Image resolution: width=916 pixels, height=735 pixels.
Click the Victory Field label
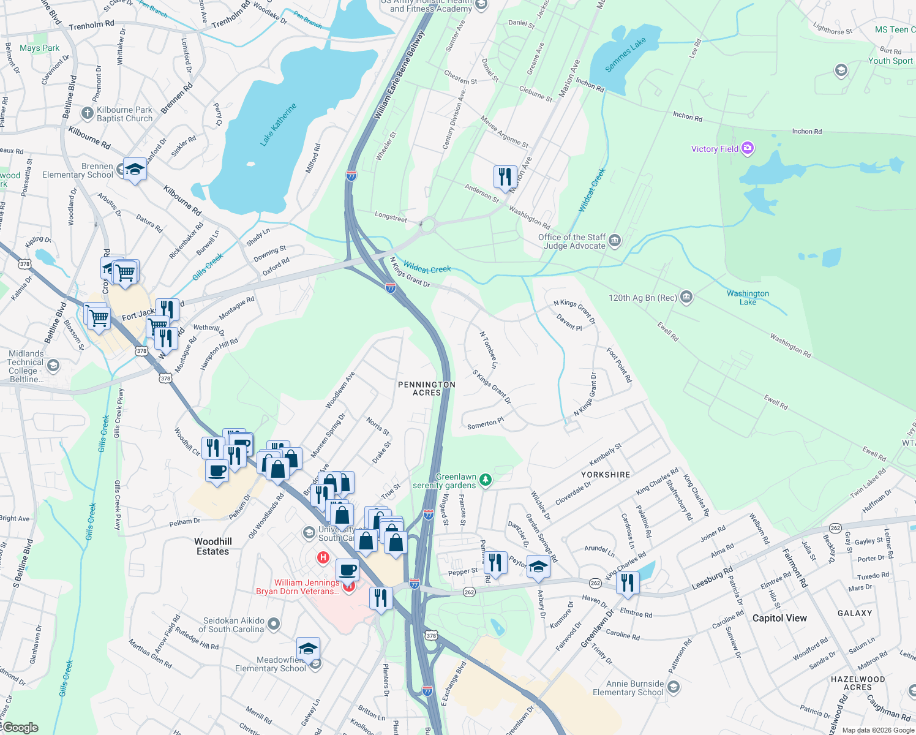[715, 149]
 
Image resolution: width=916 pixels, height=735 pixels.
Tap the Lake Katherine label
[278, 124]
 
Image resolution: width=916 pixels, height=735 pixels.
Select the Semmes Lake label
[625, 55]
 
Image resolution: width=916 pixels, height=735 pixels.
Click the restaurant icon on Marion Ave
[505, 177]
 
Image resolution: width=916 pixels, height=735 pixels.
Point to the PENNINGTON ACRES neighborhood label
[426, 388]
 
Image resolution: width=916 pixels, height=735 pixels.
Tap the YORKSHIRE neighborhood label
[605, 475]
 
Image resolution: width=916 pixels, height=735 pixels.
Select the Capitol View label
[779, 618]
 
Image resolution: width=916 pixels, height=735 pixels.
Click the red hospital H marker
[323, 557]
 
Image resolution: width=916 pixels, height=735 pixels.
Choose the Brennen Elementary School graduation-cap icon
[135, 169]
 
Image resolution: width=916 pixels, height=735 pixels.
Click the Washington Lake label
[748, 298]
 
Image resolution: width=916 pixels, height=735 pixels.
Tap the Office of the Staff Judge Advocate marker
[615, 241]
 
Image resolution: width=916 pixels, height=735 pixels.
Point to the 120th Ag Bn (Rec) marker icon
[686, 298]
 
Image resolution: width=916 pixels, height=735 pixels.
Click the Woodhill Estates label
[212, 546]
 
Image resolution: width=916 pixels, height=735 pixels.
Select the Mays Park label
[40, 48]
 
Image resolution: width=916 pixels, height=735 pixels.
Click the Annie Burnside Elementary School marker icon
[673, 687]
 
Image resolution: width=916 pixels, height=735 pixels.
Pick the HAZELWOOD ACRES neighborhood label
[857, 683]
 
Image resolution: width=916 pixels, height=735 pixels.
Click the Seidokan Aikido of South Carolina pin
[274, 624]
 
